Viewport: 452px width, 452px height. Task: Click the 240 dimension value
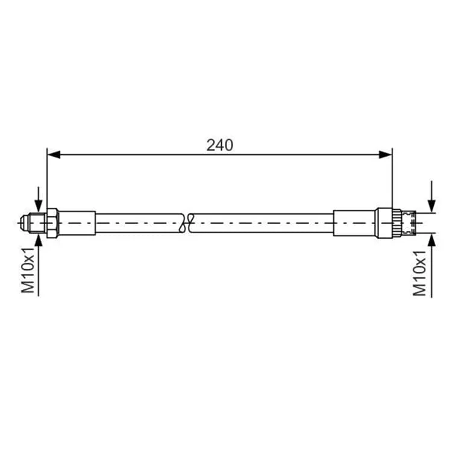click(x=219, y=145)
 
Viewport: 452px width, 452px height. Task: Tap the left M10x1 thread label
click(x=28, y=270)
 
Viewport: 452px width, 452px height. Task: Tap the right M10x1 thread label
click(x=419, y=273)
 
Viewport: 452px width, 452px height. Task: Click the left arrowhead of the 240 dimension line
click(x=54, y=154)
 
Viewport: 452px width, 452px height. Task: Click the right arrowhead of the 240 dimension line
click(x=386, y=154)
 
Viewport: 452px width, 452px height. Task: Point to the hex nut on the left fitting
click(x=52, y=223)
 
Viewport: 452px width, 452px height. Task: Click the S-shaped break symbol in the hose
click(x=186, y=223)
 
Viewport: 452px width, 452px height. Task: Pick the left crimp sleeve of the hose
click(x=77, y=223)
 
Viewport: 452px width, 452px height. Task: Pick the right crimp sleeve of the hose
click(x=354, y=223)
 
